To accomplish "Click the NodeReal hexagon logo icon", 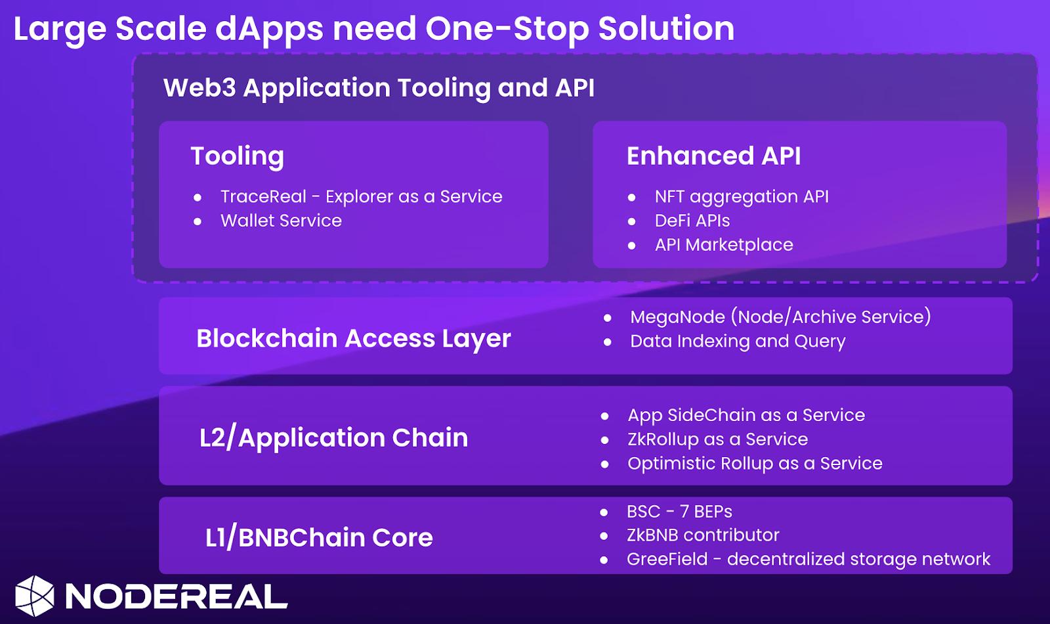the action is coord(34,596).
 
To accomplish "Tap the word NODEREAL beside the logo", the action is coord(177,596).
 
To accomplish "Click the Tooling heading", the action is coord(237,156).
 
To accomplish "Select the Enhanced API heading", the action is coord(713,156).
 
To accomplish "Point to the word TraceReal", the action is coord(263,196).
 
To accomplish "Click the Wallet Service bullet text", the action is coord(282,221).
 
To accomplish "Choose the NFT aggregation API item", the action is coord(742,197).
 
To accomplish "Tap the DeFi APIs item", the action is coord(692,221).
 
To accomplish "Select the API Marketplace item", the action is coord(724,245).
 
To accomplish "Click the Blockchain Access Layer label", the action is coord(354,339).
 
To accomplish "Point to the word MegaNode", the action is coord(677,317).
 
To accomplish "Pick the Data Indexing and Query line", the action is coord(738,342).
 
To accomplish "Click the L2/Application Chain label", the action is coord(334,438).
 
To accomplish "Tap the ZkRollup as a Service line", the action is coord(718,439).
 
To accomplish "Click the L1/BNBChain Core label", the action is coord(319,538).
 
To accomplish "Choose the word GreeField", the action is coord(667,559).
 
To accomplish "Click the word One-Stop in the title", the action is coord(507,29).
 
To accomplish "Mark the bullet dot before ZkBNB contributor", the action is coord(604,536).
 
